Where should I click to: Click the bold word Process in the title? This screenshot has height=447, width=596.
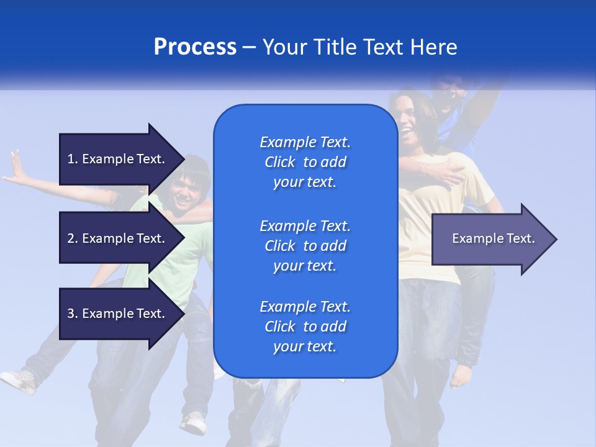[x=195, y=47]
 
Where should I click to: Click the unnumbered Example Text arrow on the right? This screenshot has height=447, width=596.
[x=494, y=239]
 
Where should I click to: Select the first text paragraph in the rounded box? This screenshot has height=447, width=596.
[x=305, y=162]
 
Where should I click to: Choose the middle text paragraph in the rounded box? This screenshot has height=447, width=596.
[x=305, y=246]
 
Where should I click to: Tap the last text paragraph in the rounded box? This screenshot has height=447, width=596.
[x=305, y=327]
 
